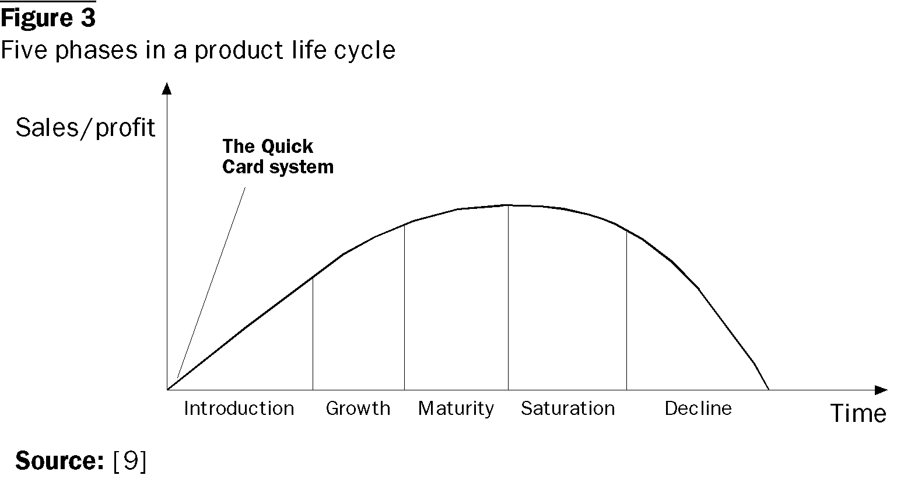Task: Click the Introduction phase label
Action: (239, 408)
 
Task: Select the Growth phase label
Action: (358, 408)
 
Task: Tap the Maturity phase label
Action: (455, 408)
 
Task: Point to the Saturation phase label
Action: (567, 408)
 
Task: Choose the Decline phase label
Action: (698, 408)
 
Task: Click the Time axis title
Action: (859, 414)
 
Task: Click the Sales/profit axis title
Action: (85, 128)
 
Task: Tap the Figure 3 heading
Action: (48, 19)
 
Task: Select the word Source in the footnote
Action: (59, 461)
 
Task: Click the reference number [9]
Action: (129, 462)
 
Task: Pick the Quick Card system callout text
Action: (278, 156)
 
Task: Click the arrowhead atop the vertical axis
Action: (167, 88)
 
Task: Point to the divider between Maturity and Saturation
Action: (508, 298)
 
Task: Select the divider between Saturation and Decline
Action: (626, 310)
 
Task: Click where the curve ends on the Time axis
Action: (769, 389)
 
